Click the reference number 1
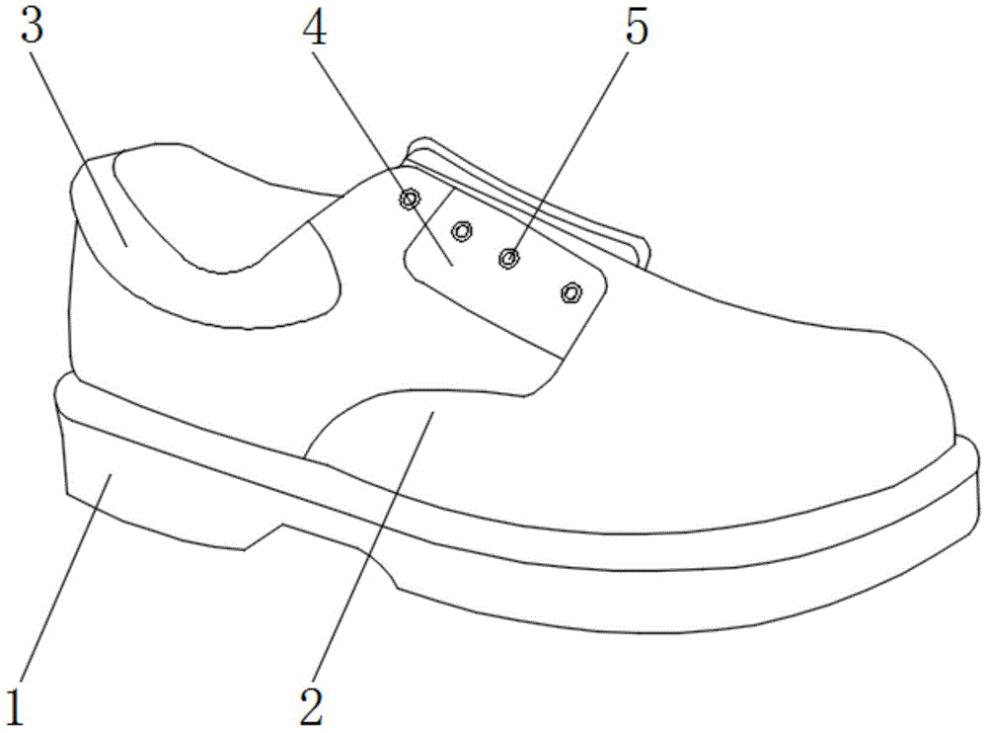click(x=15, y=707)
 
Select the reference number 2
click(x=312, y=706)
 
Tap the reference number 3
click(x=32, y=24)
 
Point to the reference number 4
click(x=315, y=29)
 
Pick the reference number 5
click(x=636, y=29)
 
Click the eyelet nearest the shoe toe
click(x=571, y=292)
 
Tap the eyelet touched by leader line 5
click(x=508, y=257)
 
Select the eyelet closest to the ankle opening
click(x=410, y=200)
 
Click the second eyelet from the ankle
click(x=462, y=231)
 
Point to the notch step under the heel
click(x=262, y=537)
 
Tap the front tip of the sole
click(x=976, y=479)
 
